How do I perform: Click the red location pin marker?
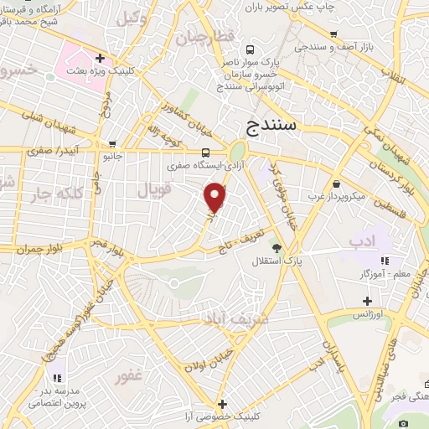pos(215,197)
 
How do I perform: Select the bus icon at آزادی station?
pos(207,152)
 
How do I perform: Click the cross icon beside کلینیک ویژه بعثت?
pos(101,59)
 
